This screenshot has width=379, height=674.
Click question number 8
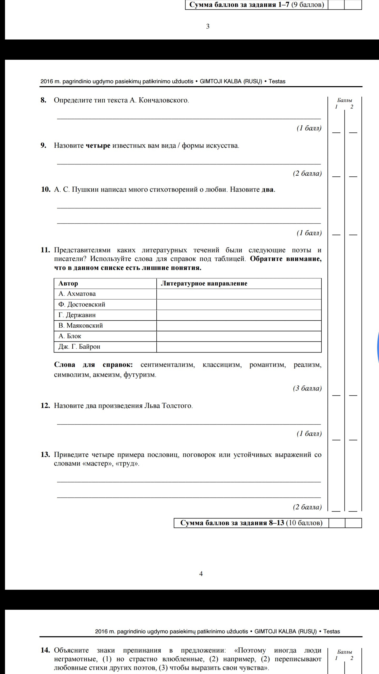[43, 100]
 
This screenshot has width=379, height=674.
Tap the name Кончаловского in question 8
[163, 100]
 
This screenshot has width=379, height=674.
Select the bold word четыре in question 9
[98, 145]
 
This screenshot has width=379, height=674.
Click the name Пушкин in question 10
[85, 190]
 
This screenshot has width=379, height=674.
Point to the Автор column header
[68, 284]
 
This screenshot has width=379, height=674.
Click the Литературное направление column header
[204, 284]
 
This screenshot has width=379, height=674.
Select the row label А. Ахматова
[77, 294]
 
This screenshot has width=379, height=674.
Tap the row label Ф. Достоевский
[82, 304]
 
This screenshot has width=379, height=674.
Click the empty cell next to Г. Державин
[239, 315]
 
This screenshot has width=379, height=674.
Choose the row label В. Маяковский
[81, 326]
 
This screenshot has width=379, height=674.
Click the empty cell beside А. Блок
[239, 336]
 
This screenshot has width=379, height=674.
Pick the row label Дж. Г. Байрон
[79, 347]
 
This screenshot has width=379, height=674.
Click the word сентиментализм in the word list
[168, 365]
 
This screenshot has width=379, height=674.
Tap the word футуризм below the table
[139, 375]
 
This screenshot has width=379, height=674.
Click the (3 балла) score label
[307, 388]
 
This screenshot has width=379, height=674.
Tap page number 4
[201, 574]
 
